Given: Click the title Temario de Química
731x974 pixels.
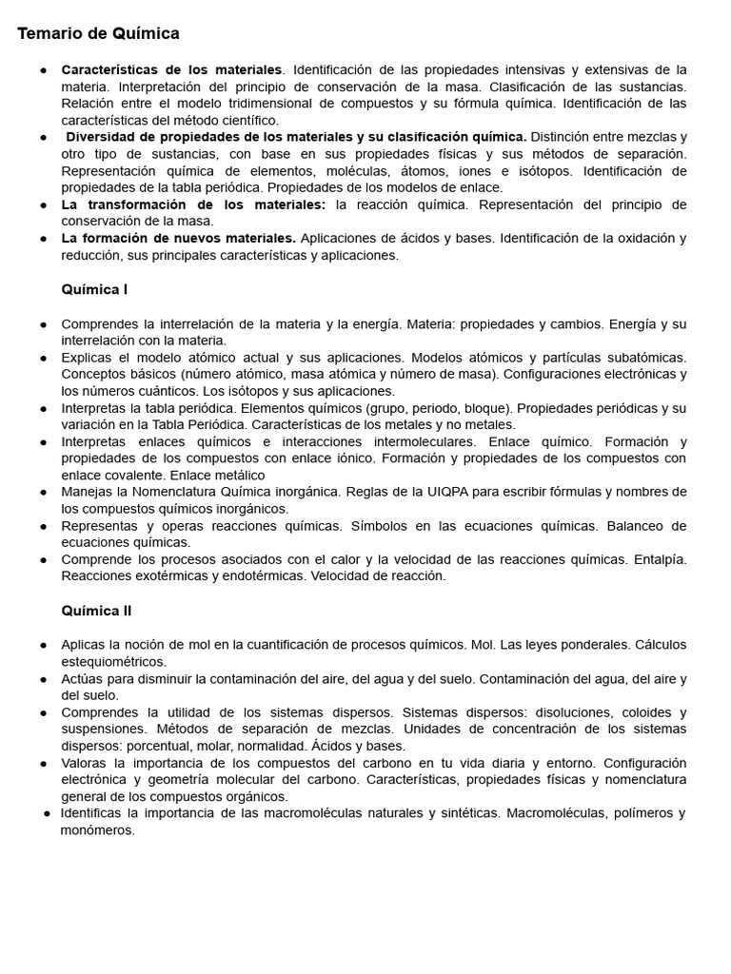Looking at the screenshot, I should [x=99, y=34].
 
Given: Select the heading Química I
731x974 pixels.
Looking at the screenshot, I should [x=94, y=289].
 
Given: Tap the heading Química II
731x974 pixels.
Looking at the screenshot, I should [x=96, y=610].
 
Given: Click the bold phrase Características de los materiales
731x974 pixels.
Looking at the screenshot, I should [x=171, y=70].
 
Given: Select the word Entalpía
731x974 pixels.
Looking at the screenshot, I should [x=659, y=559].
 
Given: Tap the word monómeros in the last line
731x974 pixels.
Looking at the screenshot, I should [x=98, y=829].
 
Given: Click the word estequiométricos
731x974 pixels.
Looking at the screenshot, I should [x=113, y=661].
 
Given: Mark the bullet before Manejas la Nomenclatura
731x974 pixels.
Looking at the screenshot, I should [x=44, y=492].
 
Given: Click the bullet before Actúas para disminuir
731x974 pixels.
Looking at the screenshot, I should [x=44, y=679].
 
